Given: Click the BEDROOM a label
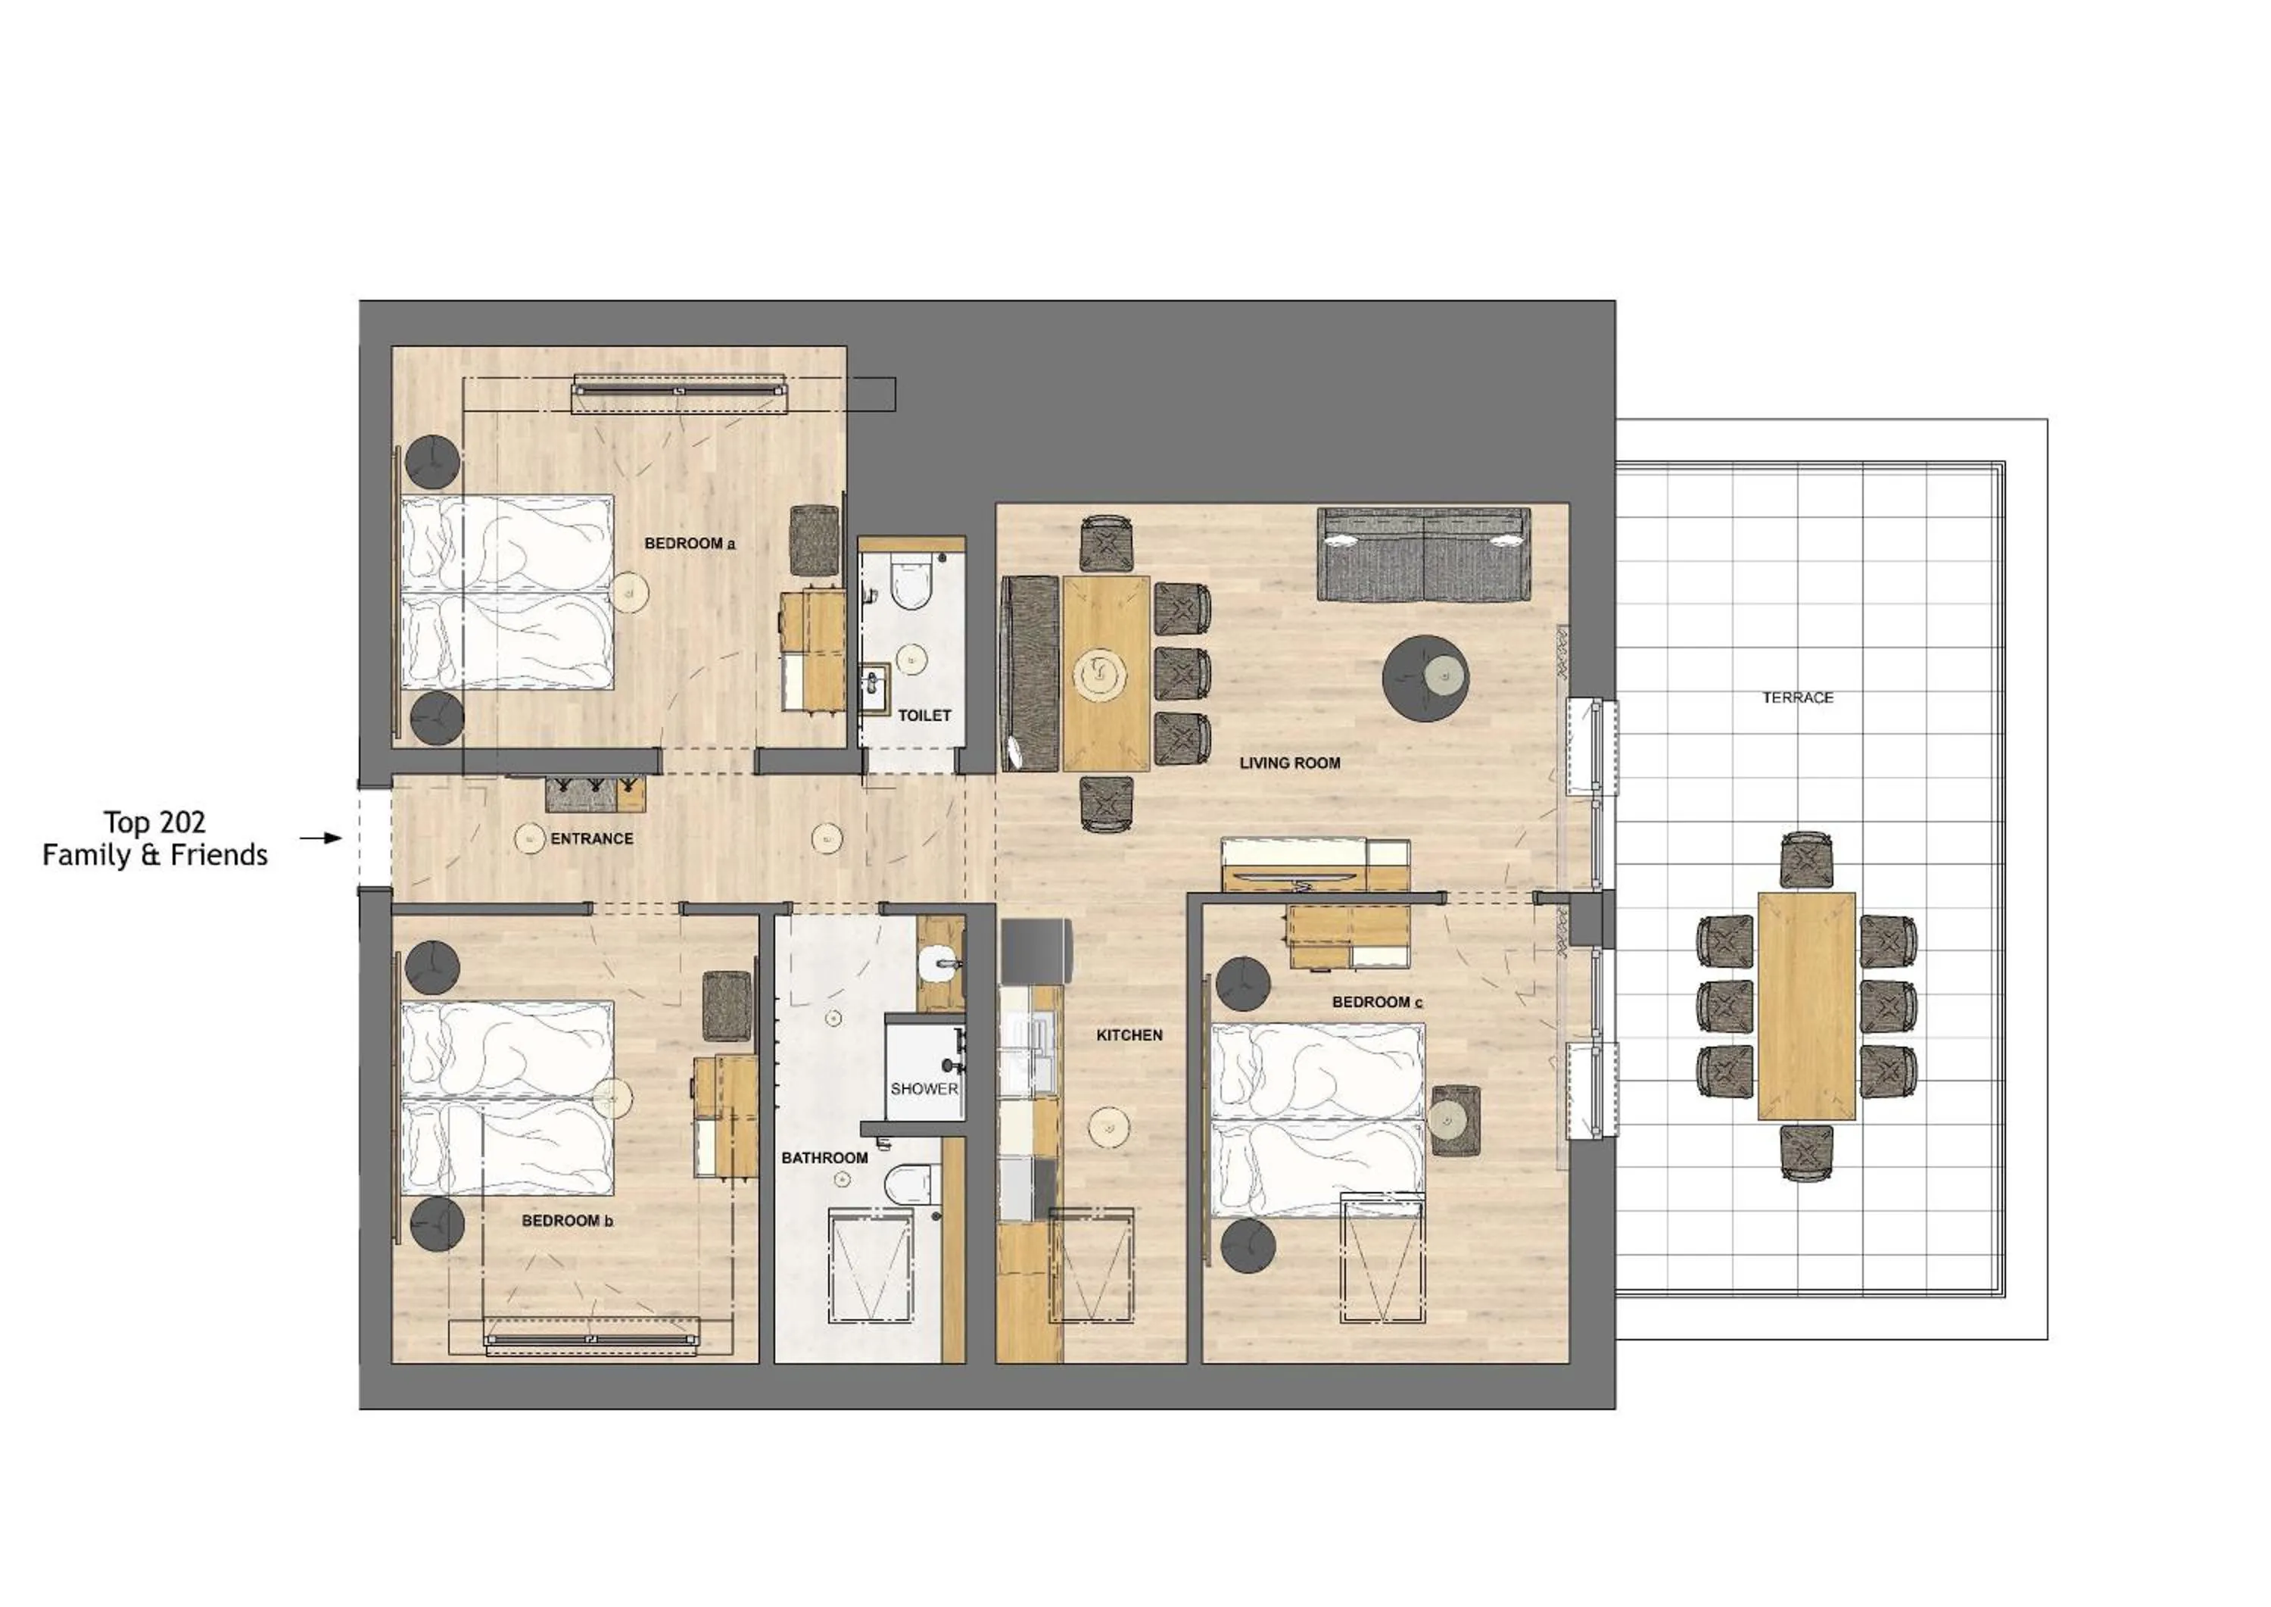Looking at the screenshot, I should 690,543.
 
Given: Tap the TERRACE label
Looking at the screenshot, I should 1797,697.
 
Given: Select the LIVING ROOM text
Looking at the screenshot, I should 1290,763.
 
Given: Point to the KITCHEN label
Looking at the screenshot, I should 1129,1035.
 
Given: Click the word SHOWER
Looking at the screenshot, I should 924,1088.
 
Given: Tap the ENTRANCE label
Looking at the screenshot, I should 591,838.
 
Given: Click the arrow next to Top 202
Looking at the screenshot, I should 319,838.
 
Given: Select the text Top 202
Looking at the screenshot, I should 155,822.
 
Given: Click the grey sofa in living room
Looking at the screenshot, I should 1423,554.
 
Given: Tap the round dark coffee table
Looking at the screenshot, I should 1425,678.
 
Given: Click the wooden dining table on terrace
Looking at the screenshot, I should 1806,1006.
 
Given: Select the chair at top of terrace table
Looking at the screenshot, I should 1806,859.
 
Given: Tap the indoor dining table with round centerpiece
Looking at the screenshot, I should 1106,673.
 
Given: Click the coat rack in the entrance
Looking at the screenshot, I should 581,794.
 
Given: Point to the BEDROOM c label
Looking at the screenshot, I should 1377,1003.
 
